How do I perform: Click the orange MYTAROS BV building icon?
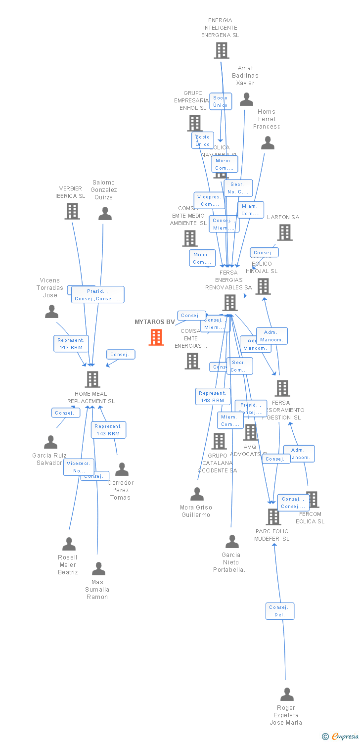(x=156, y=337)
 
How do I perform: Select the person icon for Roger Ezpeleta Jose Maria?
(x=287, y=695)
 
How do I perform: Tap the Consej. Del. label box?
(x=280, y=611)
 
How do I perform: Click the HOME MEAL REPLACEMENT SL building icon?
(x=92, y=379)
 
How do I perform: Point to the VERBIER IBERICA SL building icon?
(x=72, y=211)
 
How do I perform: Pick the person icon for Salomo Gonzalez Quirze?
(x=105, y=214)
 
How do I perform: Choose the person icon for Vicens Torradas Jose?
(x=51, y=312)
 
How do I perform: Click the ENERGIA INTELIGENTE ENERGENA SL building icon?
(x=221, y=50)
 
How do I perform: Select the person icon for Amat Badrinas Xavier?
(x=246, y=99)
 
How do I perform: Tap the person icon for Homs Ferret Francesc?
(x=268, y=143)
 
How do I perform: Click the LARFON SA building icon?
(x=284, y=232)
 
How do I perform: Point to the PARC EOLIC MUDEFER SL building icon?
(x=273, y=517)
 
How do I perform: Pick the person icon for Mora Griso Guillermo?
(x=197, y=494)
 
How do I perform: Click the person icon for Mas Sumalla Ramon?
(x=99, y=569)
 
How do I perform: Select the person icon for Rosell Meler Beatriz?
(x=69, y=544)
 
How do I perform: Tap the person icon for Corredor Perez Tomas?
(x=122, y=469)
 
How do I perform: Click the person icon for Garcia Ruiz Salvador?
(x=51, y=442)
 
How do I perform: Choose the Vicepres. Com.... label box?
(x=209, y=200)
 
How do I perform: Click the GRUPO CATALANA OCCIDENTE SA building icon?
(x=219, y=441)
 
